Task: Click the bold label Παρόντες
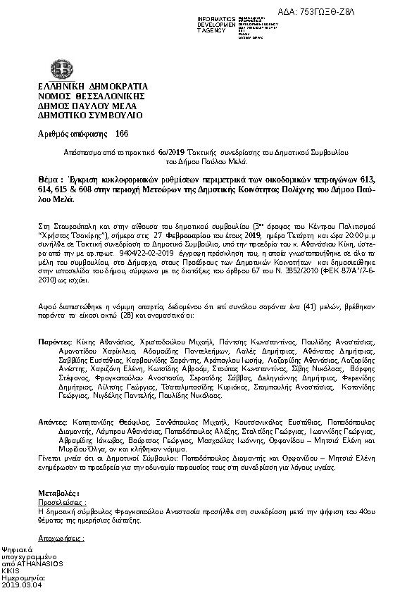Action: [x=54, y=340]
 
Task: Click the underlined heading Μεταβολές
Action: [x=58, y=493]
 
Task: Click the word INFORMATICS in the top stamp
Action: [x=217, y=16]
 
